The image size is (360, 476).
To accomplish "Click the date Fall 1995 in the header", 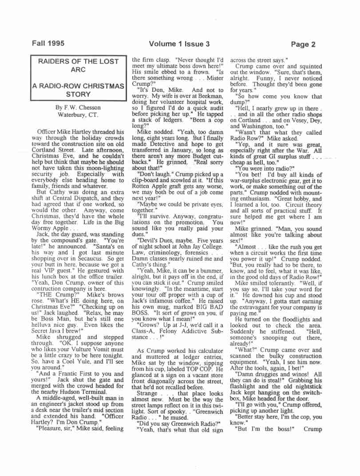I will coord(47,44).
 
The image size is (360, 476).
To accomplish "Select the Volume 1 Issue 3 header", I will coord(179,44).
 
